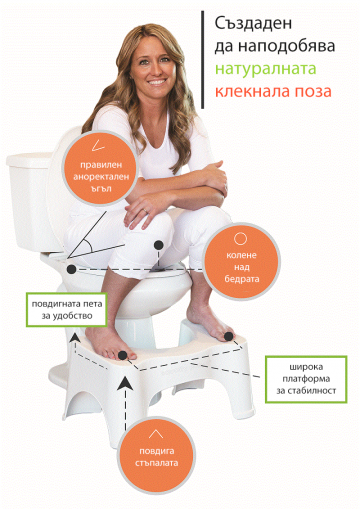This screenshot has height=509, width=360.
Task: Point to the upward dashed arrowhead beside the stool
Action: [123, 383]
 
